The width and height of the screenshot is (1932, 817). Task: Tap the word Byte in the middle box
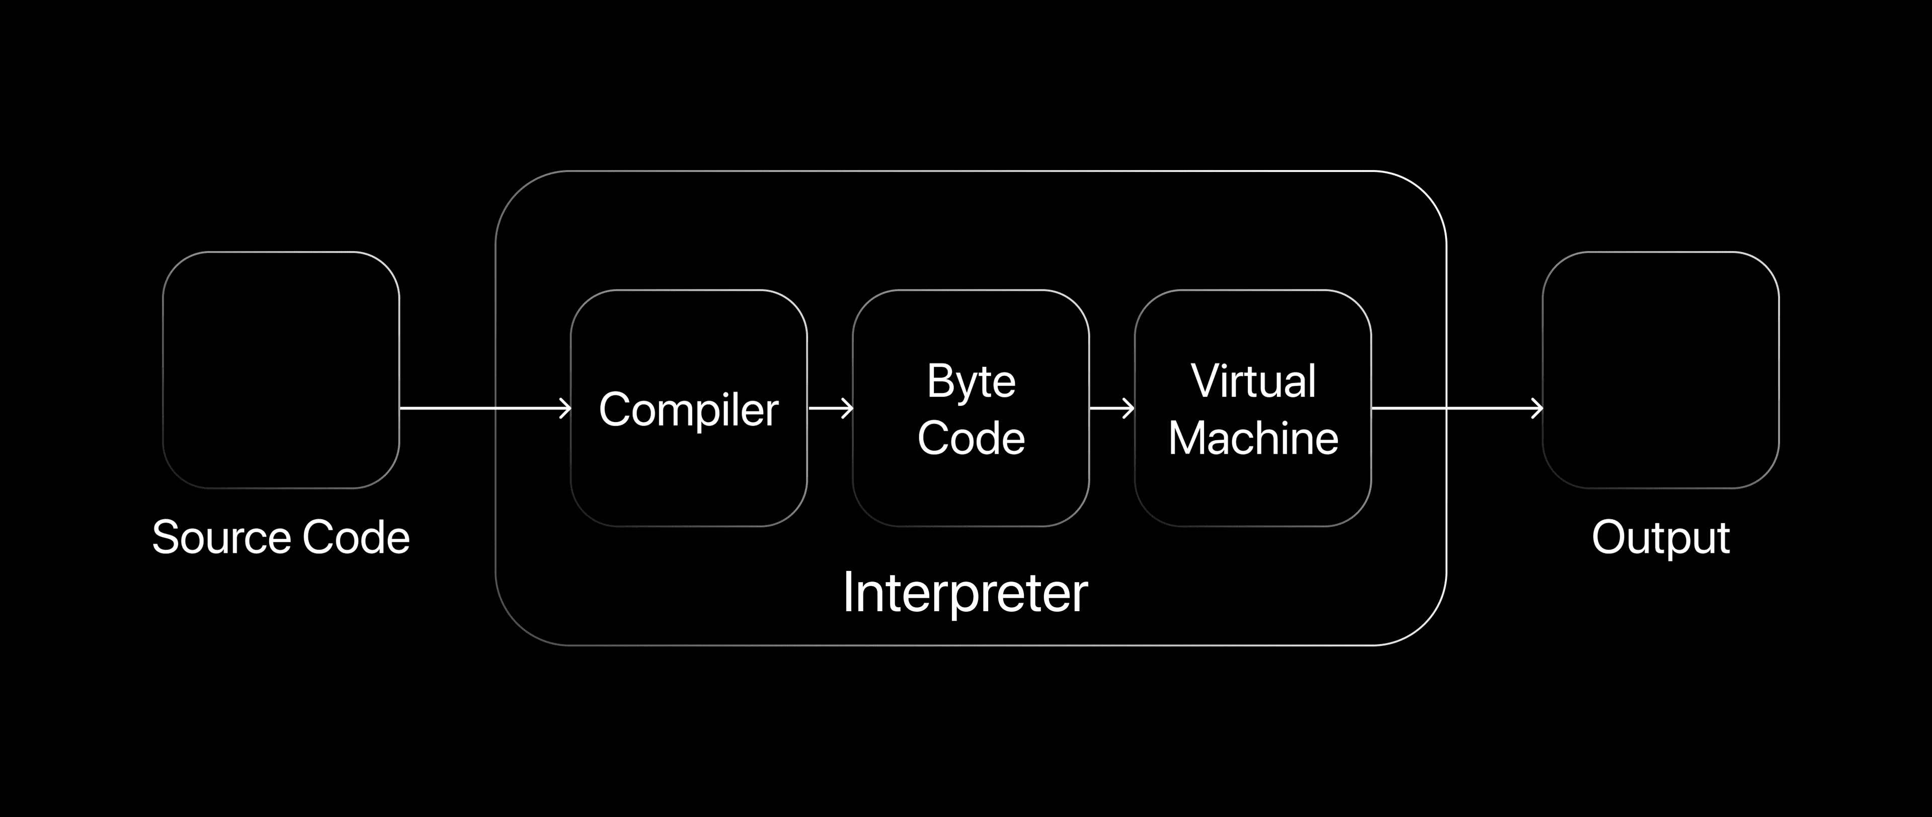[971, 382]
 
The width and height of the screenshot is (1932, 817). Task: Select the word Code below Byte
[971, 438]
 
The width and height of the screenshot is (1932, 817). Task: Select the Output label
[1660, 538]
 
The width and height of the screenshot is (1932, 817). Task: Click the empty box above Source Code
[281, 370]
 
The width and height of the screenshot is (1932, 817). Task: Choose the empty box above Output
[1660, 370]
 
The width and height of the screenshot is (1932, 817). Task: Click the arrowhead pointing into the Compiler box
[565, 409]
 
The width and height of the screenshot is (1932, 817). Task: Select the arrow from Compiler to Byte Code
[831, 409]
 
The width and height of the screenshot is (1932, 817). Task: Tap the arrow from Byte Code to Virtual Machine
[1111, 409]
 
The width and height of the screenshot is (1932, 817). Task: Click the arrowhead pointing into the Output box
[1537, 409]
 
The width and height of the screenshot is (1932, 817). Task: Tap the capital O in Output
[1609, 537]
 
